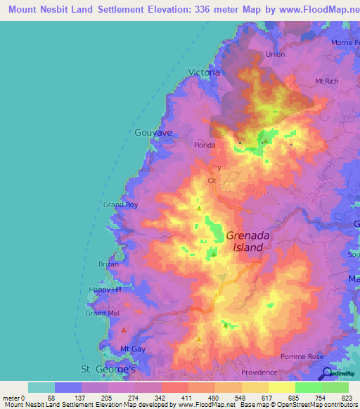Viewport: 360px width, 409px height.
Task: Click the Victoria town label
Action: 205,72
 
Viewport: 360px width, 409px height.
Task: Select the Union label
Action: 276,54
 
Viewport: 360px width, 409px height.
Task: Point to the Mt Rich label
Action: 328,82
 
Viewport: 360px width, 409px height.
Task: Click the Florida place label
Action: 204,145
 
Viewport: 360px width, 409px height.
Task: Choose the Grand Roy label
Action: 120,204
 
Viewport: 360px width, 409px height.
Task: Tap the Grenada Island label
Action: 245,242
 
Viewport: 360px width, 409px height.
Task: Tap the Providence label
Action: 259,372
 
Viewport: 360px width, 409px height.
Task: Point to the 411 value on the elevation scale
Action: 174,397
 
